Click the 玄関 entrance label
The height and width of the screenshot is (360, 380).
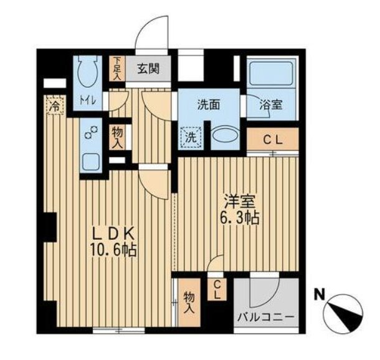click(148, 69)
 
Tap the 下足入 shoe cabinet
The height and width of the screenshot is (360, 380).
click(117, 69)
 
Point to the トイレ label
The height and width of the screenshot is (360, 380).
click(88, 100)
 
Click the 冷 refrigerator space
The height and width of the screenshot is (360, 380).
click(55, 105)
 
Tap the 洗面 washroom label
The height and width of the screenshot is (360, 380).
click(209, 105)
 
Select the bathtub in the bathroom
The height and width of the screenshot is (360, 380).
click(271, 73)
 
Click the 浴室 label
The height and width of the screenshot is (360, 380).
click(271, 105)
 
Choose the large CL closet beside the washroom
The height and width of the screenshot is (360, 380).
click(273, 140)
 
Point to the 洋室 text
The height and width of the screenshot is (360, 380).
click(239, 202)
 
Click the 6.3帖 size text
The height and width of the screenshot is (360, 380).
click(239, 218)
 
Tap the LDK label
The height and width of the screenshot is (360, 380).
click(113, 234)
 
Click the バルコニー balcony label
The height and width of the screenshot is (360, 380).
click(265, 317)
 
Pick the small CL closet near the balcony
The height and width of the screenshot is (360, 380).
click(217, 290)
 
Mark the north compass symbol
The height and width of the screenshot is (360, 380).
click(343, 313)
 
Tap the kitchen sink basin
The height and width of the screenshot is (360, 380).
click(91, 162)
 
